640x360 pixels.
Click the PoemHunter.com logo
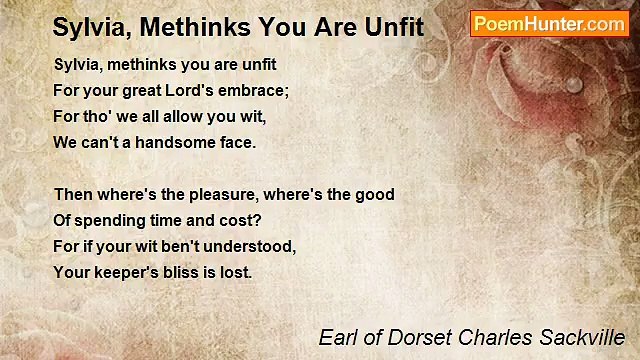coord(549,24)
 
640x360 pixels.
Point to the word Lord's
coord(190,91)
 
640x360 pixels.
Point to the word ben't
coord(182,246)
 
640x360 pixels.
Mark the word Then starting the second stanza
coord(73,195)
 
